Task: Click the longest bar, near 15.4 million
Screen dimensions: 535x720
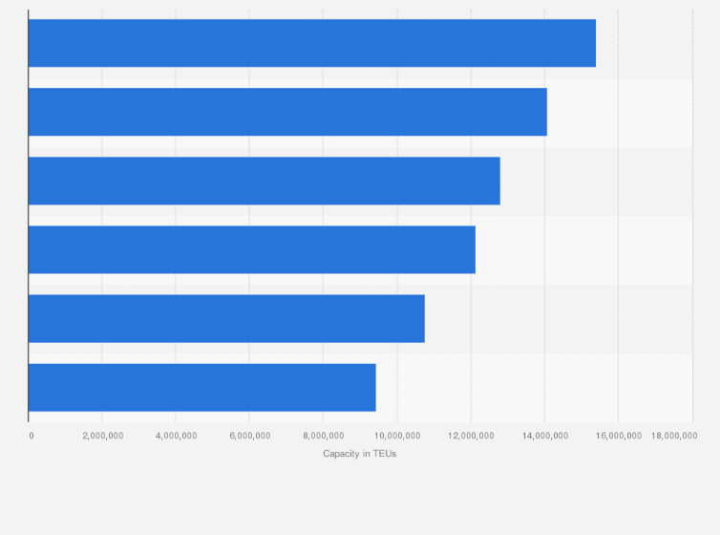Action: point(311,43)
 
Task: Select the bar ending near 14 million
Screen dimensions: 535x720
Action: point(287,112)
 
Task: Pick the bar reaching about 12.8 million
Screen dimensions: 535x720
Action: point(264,181)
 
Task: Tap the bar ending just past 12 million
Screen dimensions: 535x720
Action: point(251,249)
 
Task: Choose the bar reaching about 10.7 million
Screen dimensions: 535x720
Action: point(226,318)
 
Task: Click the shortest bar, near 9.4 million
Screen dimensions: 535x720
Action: point(201,387)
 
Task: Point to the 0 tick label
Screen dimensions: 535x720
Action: point(32,436)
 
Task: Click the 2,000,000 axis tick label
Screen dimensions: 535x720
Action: point(102,436)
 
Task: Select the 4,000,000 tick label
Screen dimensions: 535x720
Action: point(176,436)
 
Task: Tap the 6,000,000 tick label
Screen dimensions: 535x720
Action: point(249,436)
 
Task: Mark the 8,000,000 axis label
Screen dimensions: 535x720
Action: point(323,436)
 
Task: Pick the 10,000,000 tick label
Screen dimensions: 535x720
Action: point(396,436)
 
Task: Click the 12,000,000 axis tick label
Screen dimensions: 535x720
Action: point(471,436)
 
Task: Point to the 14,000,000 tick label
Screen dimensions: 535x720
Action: point(544,436)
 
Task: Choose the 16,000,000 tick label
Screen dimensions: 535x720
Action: point(618,436)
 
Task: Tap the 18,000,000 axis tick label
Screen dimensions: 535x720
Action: point(674,436)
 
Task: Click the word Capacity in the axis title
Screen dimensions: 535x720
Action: point(340,454)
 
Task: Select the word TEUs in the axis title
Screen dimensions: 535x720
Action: point(385,454)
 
